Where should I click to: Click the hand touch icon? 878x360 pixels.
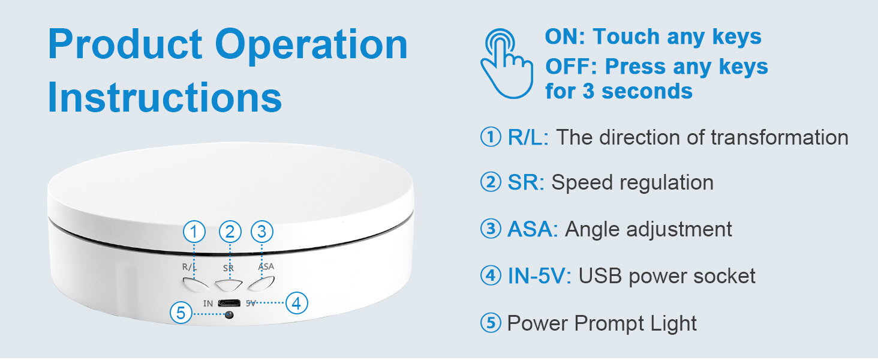tap(506, 64)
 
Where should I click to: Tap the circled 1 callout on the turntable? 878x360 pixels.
tap(194, 232)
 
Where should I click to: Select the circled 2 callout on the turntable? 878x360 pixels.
tap(230, 232)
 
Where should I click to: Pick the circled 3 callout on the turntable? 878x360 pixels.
tap(262, 232)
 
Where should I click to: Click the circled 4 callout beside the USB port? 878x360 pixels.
tap(296, 303)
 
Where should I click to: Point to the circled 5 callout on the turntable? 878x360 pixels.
tap(181, 313)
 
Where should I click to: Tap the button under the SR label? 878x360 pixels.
tap(228, 285)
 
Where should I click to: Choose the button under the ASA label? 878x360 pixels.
tap(261, 284)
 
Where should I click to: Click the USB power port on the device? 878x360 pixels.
tap(229, 303)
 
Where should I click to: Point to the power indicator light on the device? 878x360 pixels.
tap(229, 314)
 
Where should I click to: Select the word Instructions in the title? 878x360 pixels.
tap(164, 97)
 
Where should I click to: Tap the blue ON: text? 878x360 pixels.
tap(565, 37)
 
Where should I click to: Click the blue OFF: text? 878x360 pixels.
tap(571, 67)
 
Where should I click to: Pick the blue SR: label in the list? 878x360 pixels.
tap(525, 183)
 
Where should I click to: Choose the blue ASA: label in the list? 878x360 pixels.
tap(533, 229)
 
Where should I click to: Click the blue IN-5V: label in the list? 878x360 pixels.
tap(539, 276)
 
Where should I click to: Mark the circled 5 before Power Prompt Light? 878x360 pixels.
tap(491, 323)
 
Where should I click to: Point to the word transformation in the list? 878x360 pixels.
tap(780, 137)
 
